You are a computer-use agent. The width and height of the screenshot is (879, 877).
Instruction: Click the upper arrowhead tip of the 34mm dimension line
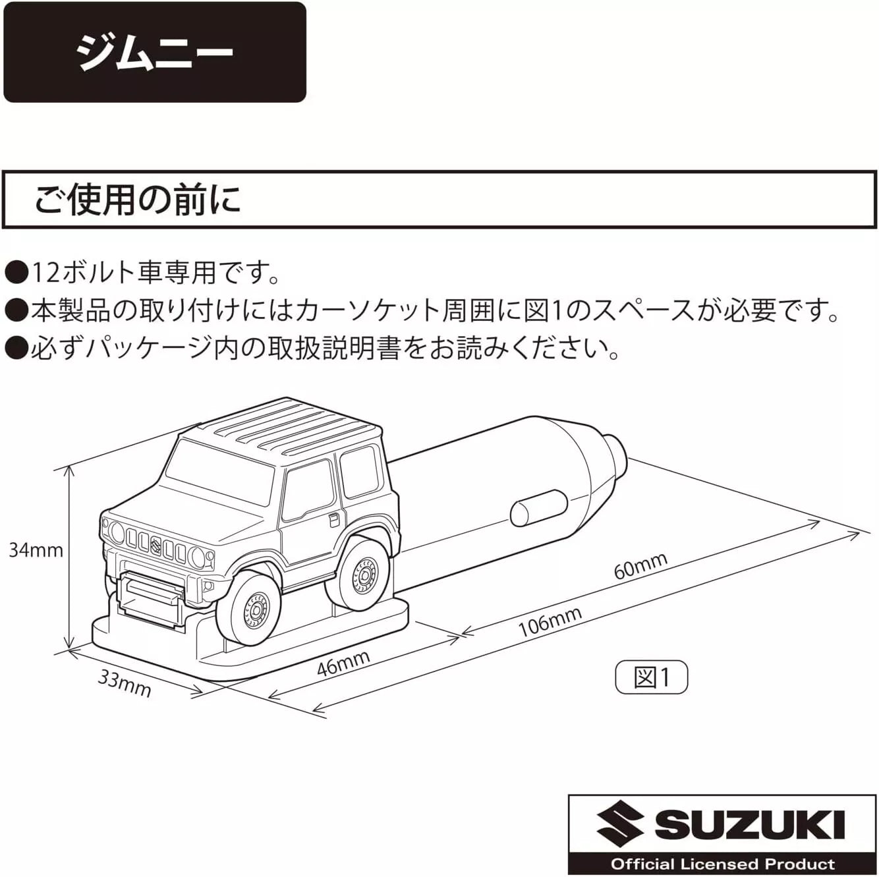pyautogui.click(x=69, y=467)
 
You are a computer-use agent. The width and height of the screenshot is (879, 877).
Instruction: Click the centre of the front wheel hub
pyautogui.click(x=256, y=609)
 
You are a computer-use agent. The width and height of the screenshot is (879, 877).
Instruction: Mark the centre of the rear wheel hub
pyautogui.click(x=364, y=577)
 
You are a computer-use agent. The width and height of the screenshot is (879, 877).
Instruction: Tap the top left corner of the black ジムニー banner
pyautogui.click(x=4, y=2)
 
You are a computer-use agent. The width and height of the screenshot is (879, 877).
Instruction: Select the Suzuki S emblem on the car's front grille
pyautogui.click(x=156, y=545)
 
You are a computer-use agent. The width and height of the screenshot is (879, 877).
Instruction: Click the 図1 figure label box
pyautogui.click(x=652, y=677)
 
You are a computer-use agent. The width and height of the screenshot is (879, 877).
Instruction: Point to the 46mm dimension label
pyautogui.click(x=343, y=664)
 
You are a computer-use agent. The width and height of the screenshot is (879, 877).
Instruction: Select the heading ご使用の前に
pyautogui.click(x=138, y=200)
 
